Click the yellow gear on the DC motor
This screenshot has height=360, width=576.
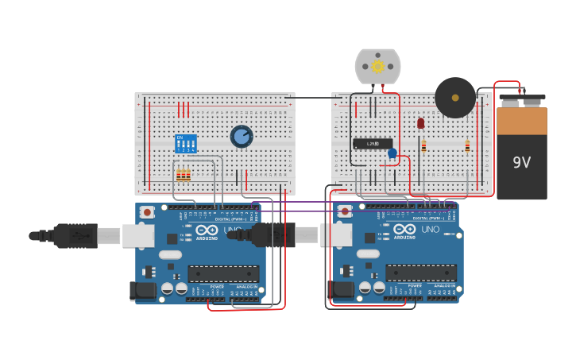[377, 67]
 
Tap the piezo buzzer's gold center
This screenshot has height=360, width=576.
[455, 98]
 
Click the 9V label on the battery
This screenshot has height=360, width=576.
[521, 163]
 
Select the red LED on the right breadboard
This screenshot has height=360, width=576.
[420, 123]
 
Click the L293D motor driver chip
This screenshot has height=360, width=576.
[373, 144]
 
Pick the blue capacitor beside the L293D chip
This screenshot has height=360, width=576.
[392, 153]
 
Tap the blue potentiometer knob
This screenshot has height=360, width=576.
[242, 137]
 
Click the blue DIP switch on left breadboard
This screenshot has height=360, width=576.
[185, 144]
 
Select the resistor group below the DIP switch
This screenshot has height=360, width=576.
[183, 175]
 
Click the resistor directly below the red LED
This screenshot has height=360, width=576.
[423, 145]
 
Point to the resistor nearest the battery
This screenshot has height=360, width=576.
[467, 145]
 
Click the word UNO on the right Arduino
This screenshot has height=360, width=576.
[430, 230]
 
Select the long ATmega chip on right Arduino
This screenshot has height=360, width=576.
[420, 273]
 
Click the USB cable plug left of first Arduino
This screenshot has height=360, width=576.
[75, 236]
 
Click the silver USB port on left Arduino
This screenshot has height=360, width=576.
[138, 235]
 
